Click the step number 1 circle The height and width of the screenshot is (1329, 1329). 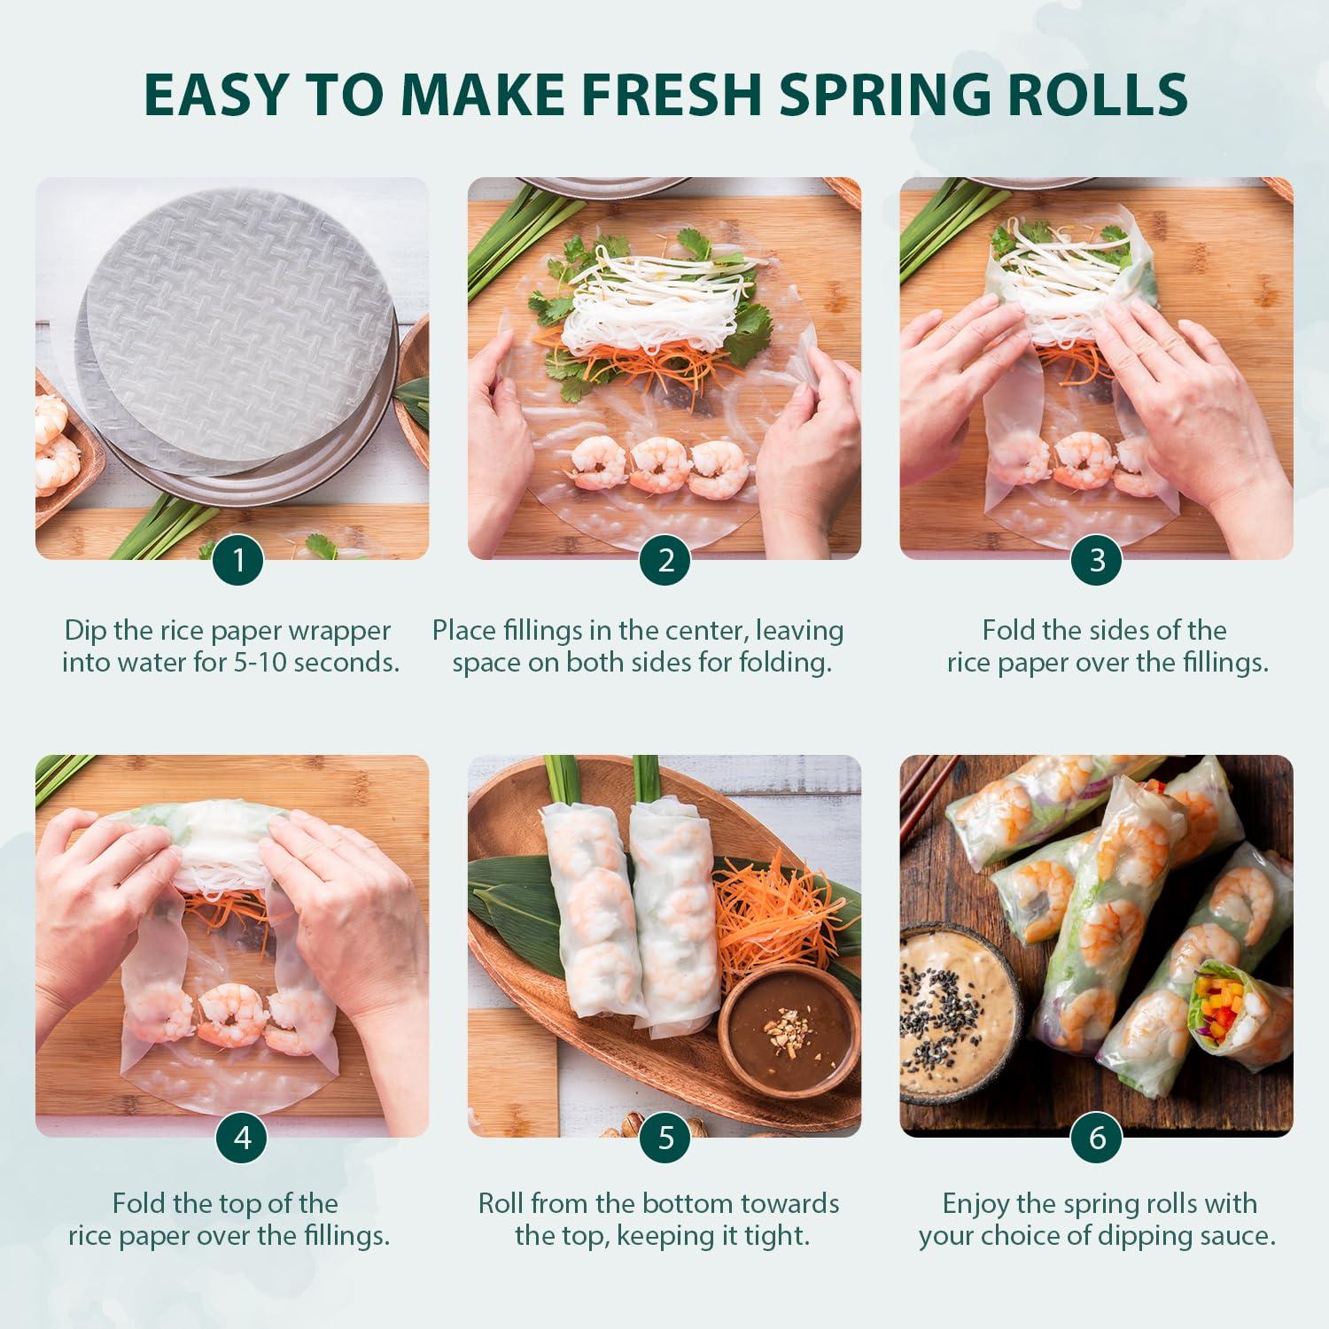(x=238, y=560)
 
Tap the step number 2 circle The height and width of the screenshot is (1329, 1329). (x=666, y=560)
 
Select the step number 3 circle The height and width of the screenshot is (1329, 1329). (x=1097, y=560)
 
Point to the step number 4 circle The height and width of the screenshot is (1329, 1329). (x=242, y=1138)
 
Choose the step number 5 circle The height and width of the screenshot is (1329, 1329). (x=666, y=1138)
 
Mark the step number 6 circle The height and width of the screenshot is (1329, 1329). (x=1097, y=1138)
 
